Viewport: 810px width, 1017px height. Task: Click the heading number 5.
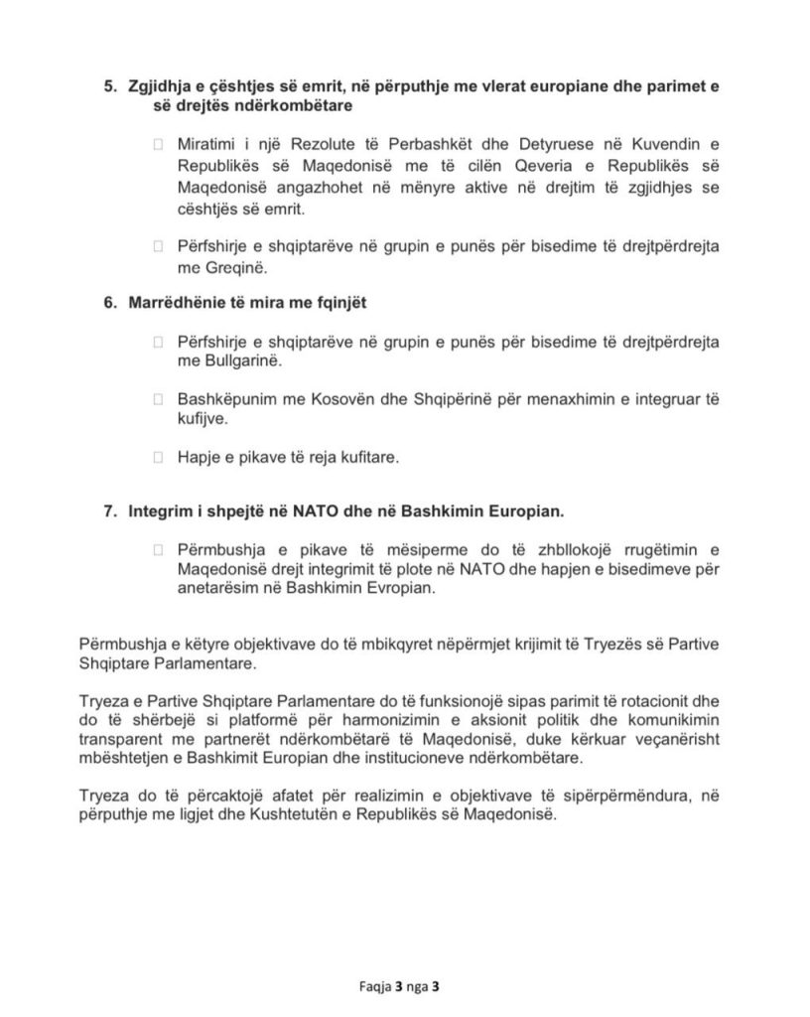click(x=110, y=87)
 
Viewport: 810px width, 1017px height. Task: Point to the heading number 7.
click(x=110, y=511)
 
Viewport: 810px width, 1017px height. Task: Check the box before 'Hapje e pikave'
click(x=157, y=458)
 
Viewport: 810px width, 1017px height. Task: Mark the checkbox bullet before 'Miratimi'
click(x=157, y=145)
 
